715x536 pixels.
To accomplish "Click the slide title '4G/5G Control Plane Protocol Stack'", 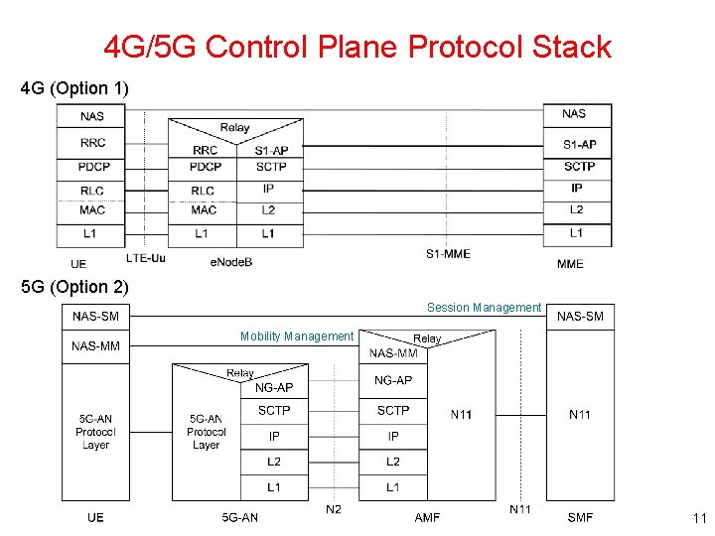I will pyautogui.click(x=357, y=47).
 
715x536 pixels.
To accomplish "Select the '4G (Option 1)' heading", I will pyautogui.click(x=74, y=89).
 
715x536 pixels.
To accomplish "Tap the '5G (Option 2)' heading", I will pyautogui.click(x=74, y=287).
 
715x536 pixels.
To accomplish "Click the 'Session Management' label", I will pyautogui.click(x=484, y=308).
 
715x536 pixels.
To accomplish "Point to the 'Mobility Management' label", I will pyautogui.click(x=296, y=336).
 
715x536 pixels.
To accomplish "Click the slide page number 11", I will pyautogui.click(x=698, y=518).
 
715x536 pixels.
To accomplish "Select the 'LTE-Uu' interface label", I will pyautogui.click(x=146, y=258).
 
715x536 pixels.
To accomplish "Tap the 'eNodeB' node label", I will pyautogui.click(x=231, y=262).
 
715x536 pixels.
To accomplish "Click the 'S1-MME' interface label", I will pyautogui.click(x=448, y=254).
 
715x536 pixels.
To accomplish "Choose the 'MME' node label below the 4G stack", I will pyautogui.click(x=570, y=263).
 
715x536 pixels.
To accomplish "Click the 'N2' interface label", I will pyautogui.click(x=334, y=510).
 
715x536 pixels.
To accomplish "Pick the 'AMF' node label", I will pyautogui.click(x=427, y=517).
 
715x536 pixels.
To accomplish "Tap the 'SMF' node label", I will pyautogui.click(x=580, y=517).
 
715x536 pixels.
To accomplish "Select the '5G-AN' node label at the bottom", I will pyautogui.click(x=239, y=517).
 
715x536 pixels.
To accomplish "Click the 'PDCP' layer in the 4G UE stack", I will pyautogui.click(x=93, y=167).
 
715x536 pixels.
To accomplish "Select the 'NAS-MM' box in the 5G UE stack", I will pyautogui.click(x=95, y=346).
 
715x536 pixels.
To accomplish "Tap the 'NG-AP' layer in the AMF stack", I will pyautogui.click(x=393, y=380).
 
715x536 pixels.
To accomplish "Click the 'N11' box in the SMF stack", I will pyautogui.click(x=580, y=414).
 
